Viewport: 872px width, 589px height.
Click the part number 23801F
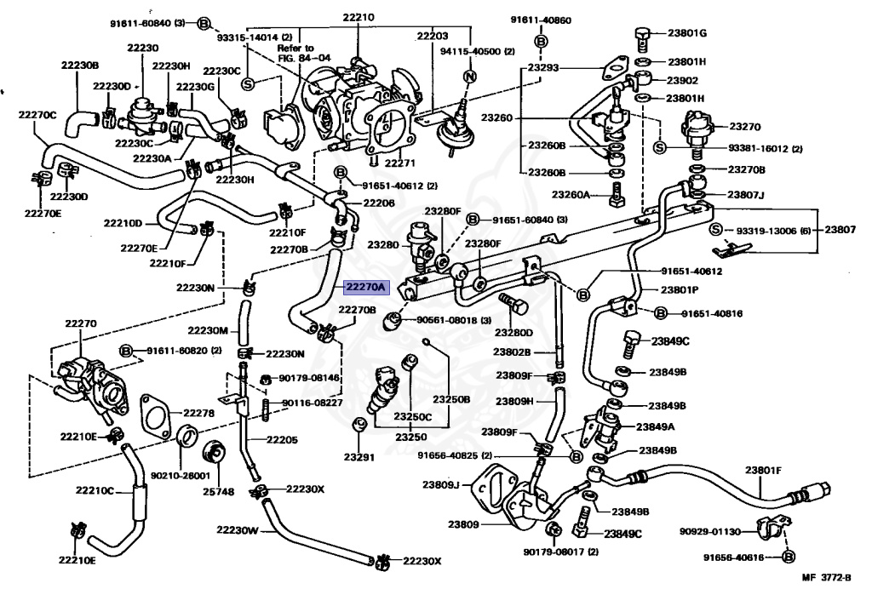click(x=764, y=469)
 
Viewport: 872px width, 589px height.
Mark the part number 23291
click(x=359, y=456)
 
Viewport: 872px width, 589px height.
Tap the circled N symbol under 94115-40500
click(x=468, y=77)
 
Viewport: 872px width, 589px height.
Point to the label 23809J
click(x=440, y=485)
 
